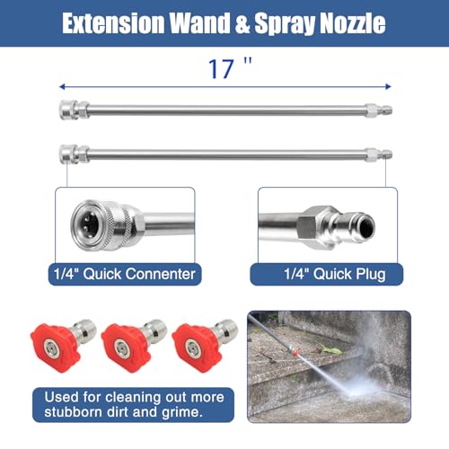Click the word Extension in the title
(113, 23)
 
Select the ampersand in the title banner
(242, 23)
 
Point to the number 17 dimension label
(221, 69)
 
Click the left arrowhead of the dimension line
(62, 87)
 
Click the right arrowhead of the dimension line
(388, 87)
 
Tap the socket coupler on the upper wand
(74, 110)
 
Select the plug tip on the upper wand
(379, 110)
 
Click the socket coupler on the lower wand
(74, 154)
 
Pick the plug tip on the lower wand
(379, 155)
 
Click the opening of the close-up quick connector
(88, 224)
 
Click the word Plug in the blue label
(370, 274)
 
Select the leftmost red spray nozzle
(63, 346)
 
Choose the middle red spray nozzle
(134, 346)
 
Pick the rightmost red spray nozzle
(205, 346)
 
